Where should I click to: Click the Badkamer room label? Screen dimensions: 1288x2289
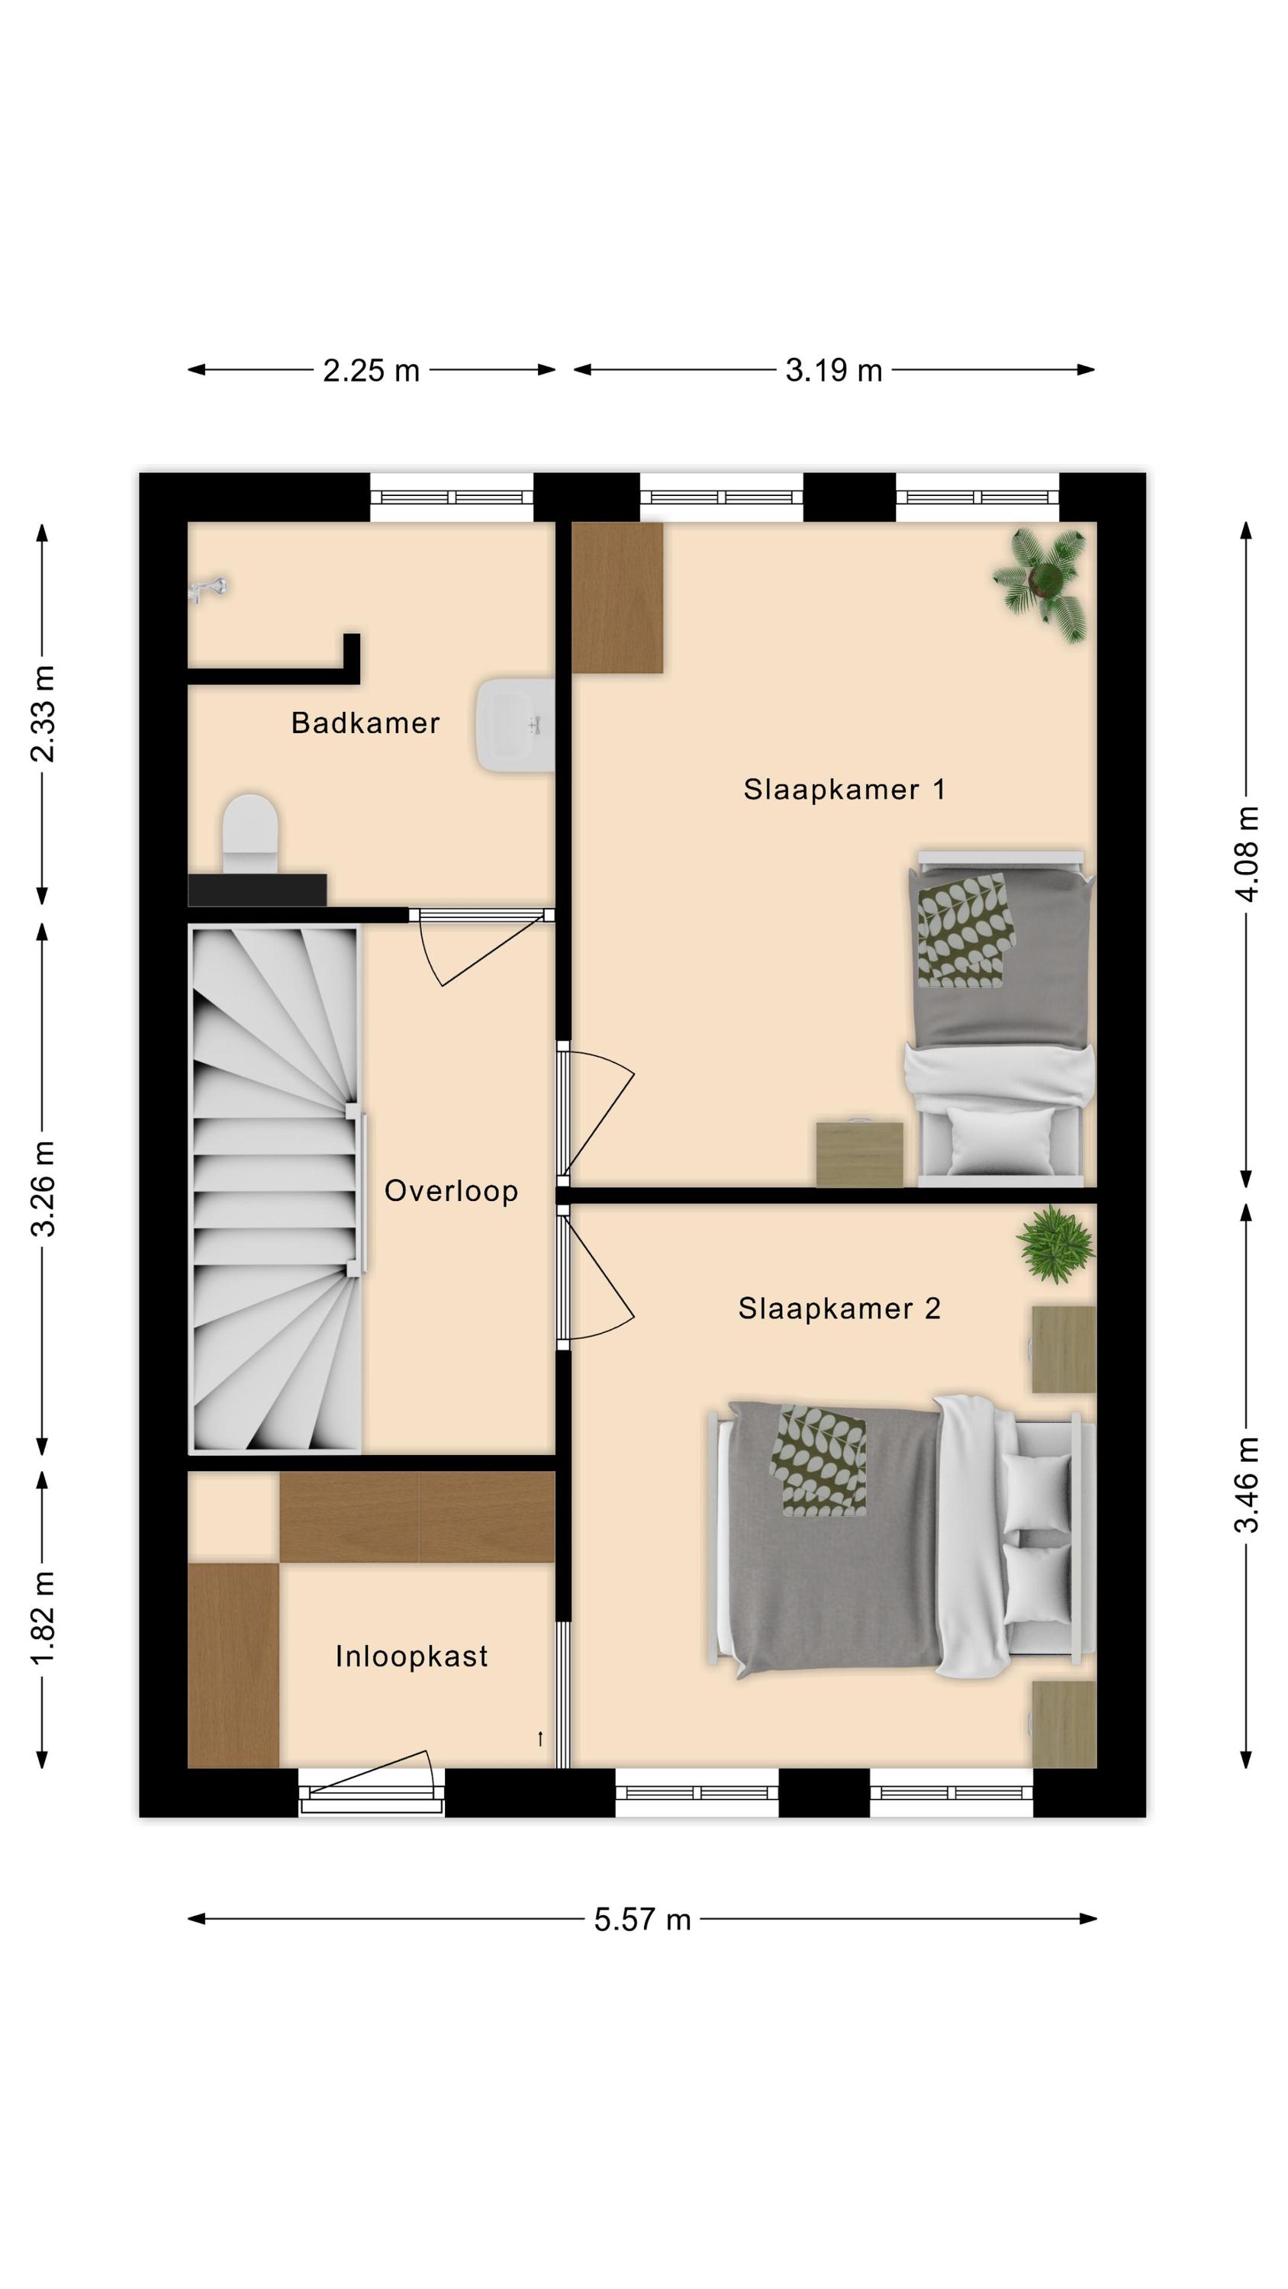tap(365, 723)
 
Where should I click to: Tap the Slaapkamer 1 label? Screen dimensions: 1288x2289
tap(844, 789)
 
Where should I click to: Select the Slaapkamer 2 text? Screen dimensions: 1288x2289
tap(839, 1308)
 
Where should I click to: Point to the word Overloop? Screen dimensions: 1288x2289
tap(451, 1191)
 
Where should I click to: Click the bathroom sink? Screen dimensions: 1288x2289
tap(516, 725)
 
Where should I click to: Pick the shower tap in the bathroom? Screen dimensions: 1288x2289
tap(209, 589)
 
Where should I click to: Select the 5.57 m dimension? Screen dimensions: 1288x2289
tap(642, 1920)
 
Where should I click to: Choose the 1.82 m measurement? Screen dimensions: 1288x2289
tap(42, 1618)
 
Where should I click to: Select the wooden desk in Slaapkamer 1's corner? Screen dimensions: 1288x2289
tap(617, 597)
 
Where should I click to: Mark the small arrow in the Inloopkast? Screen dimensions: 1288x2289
tap(539, 1739)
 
